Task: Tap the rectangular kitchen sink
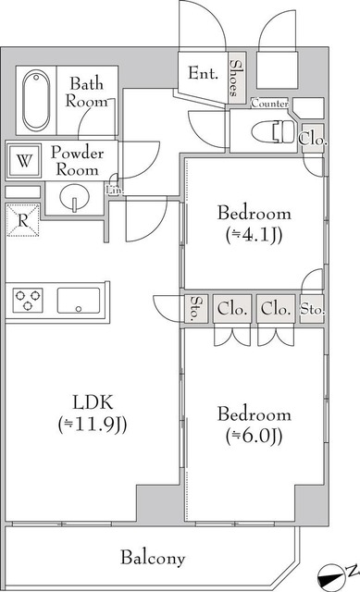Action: (x=79, y=301)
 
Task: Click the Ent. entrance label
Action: (x=203, y=73)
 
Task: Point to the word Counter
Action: (x=268, y=103)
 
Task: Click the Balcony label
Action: (x=153, y=558)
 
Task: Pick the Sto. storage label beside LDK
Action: (x=195, y=310)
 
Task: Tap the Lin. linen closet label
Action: (x=115, y=191)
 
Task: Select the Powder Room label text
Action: (x=78, y=162)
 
